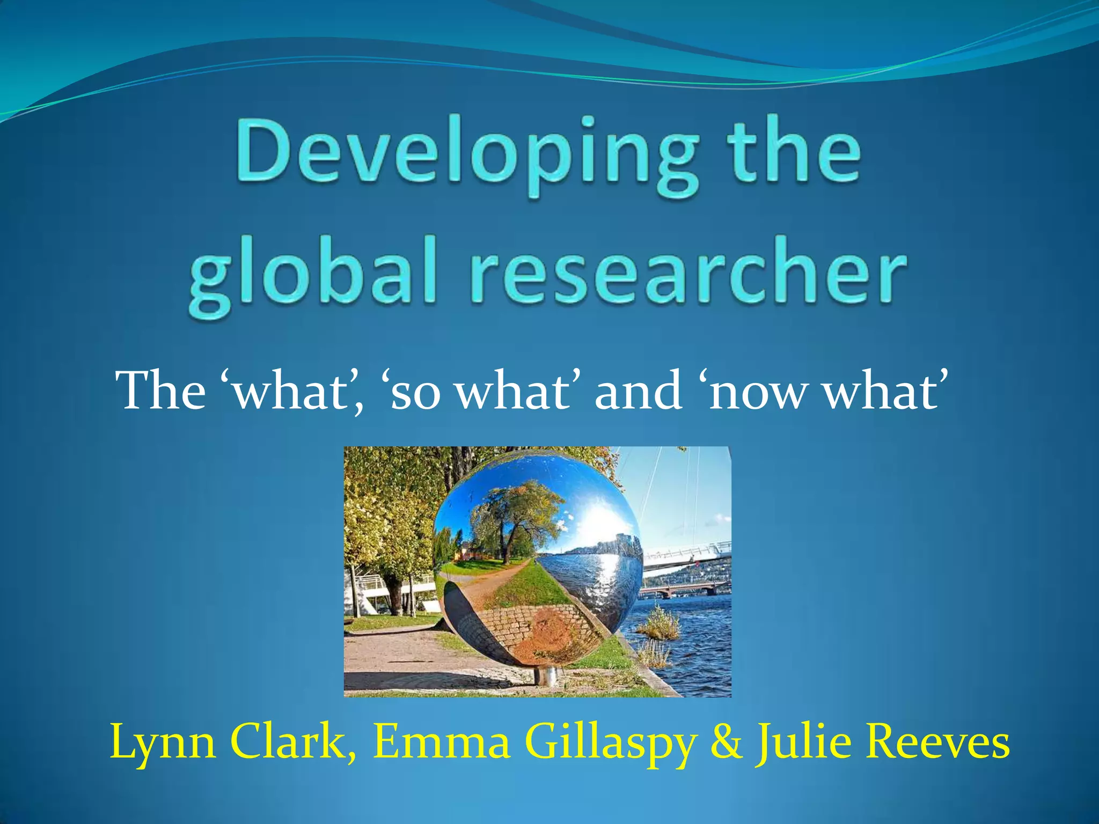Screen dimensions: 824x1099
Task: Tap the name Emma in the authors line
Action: click(x=442, y=742)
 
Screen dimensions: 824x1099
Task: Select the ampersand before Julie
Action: click(x=728, y=742)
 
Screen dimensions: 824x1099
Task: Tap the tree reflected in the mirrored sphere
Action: click(x=510, y=515)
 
